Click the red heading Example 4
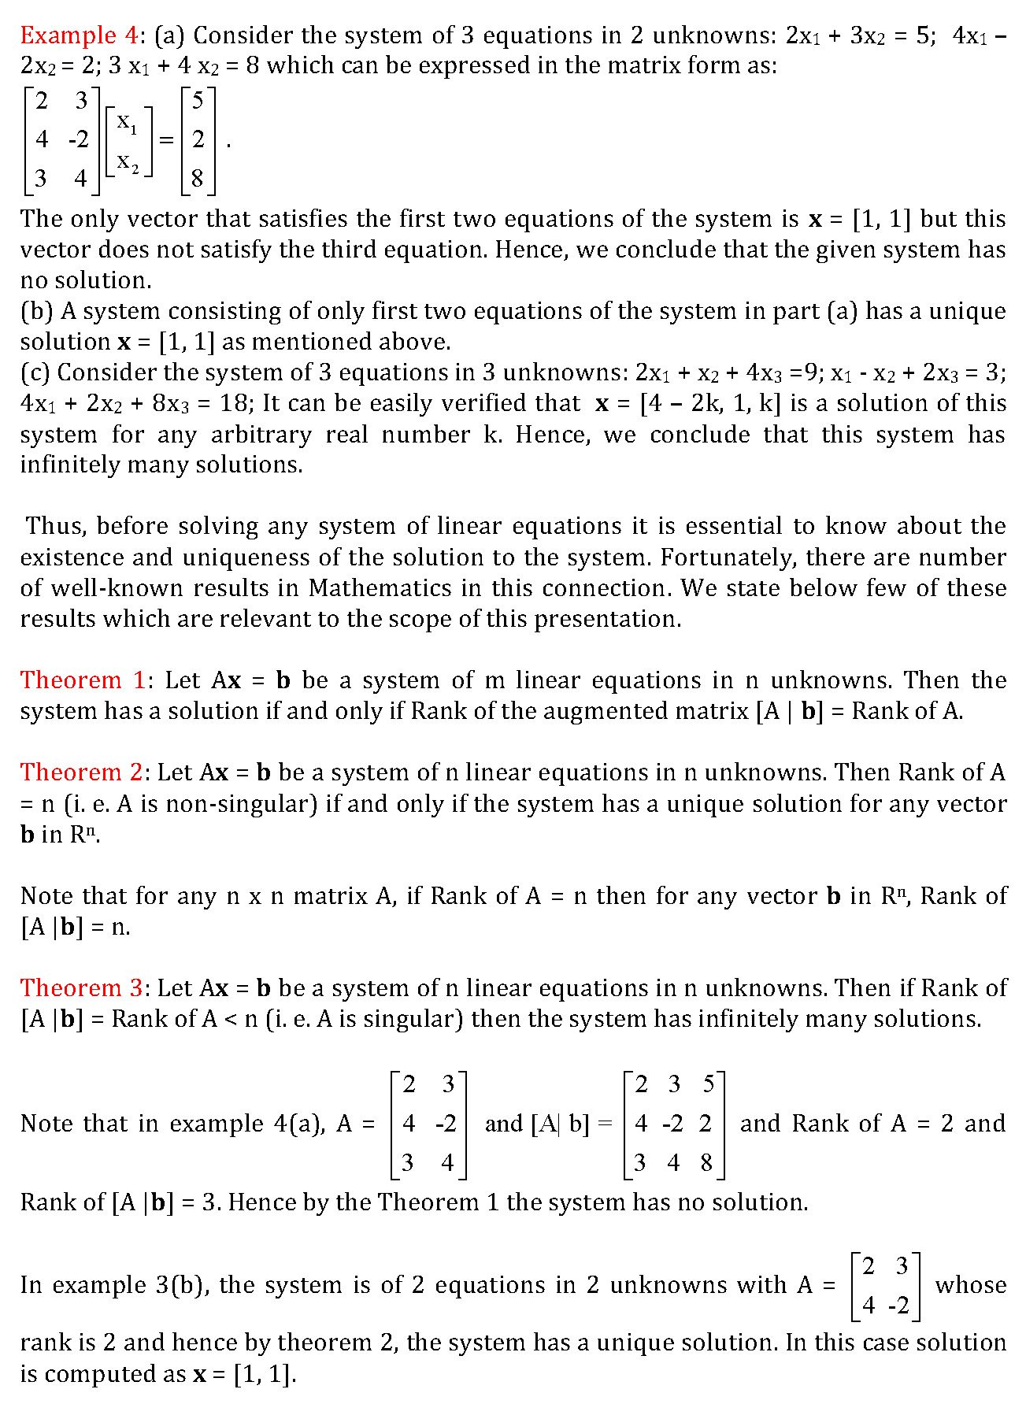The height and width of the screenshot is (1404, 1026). click(79, 35)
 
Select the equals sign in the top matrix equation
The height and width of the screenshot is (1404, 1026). click(166, 140)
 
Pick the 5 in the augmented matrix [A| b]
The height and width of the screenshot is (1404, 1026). click(708, 1084)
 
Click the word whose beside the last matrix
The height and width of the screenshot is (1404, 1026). click(970, 1285)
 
